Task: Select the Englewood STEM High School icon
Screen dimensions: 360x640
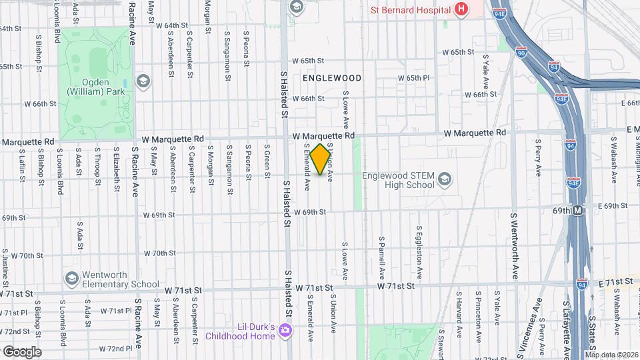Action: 445,179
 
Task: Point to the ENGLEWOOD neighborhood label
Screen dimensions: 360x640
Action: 332,78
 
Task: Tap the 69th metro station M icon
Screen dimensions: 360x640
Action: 578,211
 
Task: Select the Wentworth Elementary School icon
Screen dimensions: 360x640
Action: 71,277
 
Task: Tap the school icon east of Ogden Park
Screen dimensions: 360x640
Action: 142,81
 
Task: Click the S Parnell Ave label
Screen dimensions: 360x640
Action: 382,257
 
